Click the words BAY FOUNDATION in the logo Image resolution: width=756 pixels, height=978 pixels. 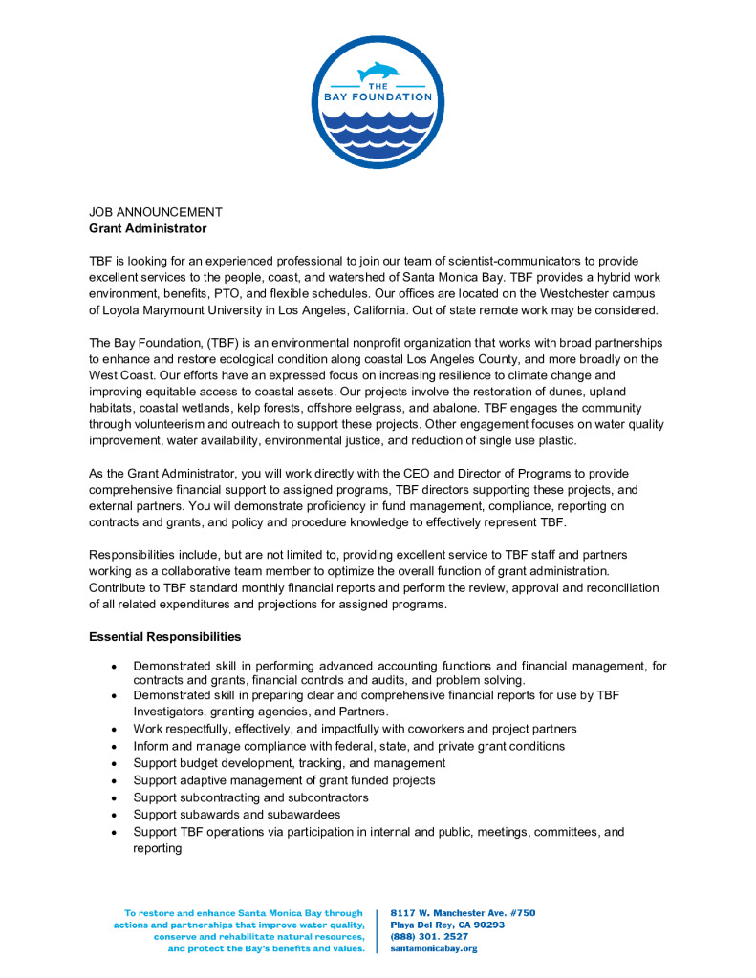tap(377, 97)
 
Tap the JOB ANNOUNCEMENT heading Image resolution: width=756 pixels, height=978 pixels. tap(156, 212)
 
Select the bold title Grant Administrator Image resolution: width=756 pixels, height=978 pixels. tap(147, 228)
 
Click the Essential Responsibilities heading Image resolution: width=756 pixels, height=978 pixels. tap(164, 636)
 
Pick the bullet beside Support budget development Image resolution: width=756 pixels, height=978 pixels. tap(115, 763)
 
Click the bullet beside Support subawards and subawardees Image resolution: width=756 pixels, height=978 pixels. tap(115, 815)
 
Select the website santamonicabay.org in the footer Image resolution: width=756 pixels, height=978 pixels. tap(434, 948)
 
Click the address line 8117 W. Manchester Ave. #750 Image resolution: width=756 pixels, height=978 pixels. tap(463, 913)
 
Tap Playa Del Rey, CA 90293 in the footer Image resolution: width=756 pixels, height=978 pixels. tap(447, 925)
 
